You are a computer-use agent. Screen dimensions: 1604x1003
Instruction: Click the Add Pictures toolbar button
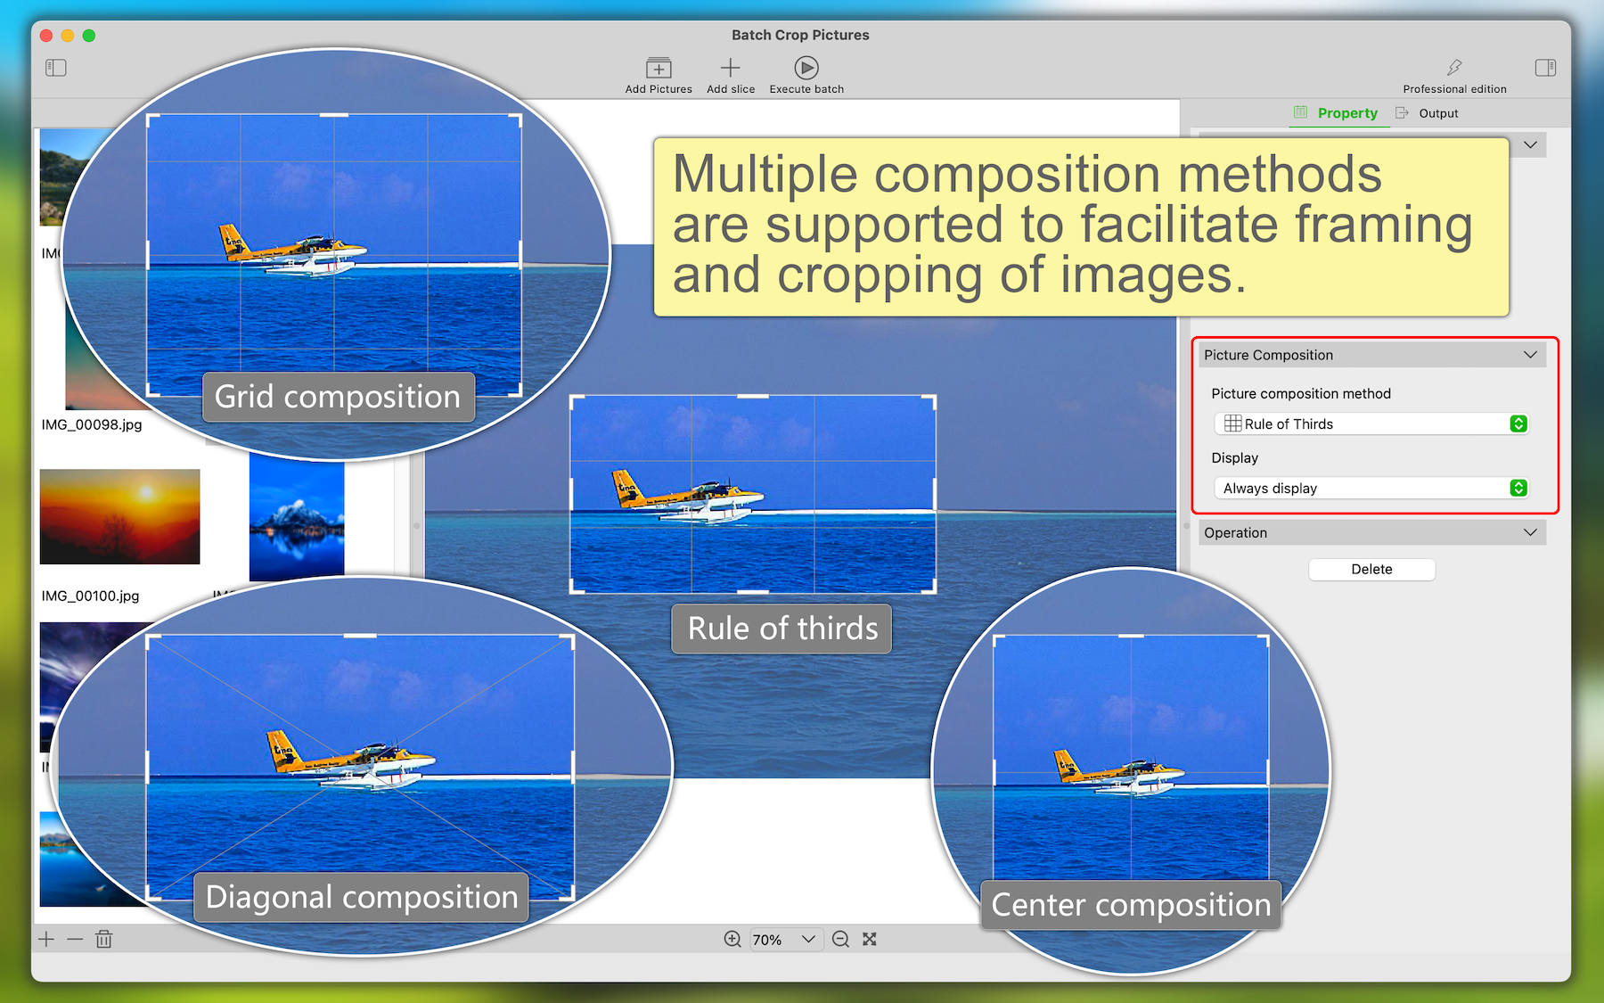(x=659, y=75)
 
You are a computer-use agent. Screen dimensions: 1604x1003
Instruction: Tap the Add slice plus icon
(x=730, y=68)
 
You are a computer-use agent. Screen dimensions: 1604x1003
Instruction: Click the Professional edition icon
(x=1454, y=68)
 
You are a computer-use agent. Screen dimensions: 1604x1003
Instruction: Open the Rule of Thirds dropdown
(x=1371, y=423)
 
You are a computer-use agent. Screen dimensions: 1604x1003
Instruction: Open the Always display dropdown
(x=1371, y=488)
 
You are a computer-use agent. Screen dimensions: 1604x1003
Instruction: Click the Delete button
(x=1371, y=569)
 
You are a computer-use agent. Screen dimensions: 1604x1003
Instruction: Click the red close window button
(x=45, y=36)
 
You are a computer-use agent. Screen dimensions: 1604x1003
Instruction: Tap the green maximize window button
(x=89, y=36)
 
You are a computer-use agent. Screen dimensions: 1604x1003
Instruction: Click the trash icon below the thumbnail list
(x=104, y=939)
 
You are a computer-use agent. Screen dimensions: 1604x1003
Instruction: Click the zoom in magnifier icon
(x=732, y=939)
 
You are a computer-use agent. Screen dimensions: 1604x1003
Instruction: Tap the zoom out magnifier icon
(x=840, y=939)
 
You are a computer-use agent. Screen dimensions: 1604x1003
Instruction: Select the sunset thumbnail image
(x=120, y=516)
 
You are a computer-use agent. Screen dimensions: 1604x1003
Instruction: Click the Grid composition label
(x=339, y=397)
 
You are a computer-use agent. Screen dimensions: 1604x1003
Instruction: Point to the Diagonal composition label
(x=362, y=897)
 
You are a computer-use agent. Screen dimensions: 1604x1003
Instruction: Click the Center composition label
(x=1131, y=905)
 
